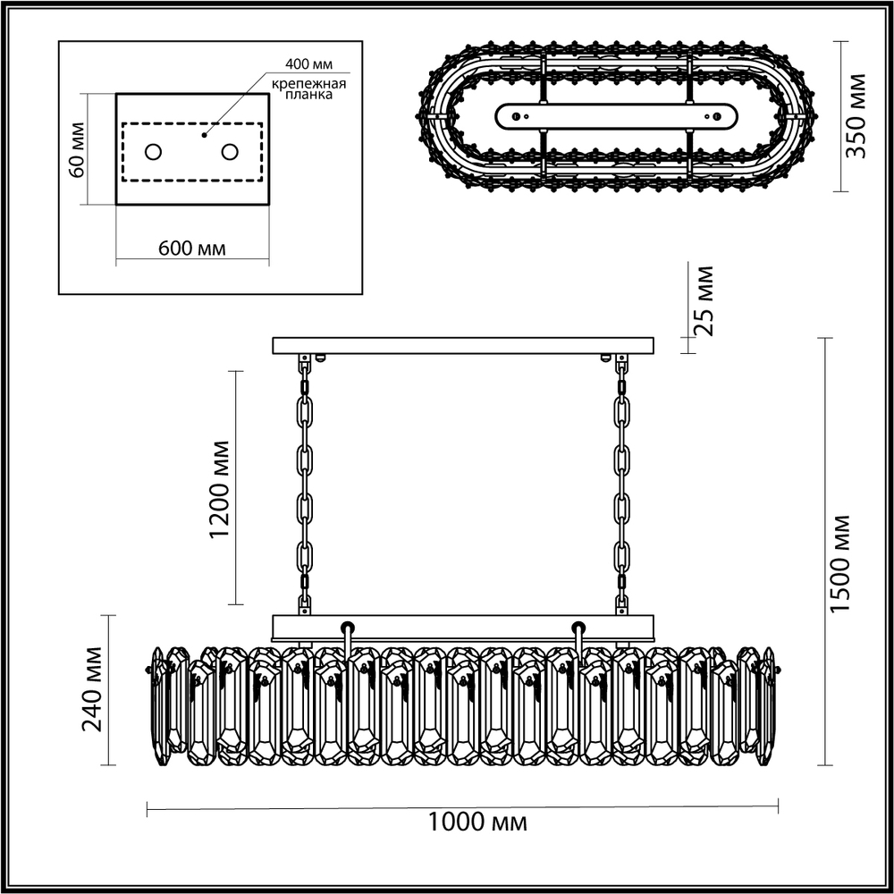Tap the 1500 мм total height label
click(x=839, y=563)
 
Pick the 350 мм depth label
click(x=857, y=116)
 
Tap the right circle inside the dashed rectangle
click(x=230, y=151)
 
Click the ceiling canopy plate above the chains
click(x=463, y=345)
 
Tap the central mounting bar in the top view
click(x=616, y=115)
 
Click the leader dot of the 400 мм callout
click(x=205, y=136)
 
